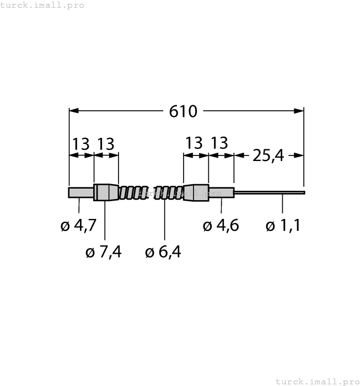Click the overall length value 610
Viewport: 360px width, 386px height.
(183, 111)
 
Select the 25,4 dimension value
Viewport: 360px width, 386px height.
(268, 156)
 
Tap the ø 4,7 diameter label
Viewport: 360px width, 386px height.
(78, 226)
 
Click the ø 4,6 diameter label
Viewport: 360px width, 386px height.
(221, 226)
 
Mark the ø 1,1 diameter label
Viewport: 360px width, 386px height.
(283, 226)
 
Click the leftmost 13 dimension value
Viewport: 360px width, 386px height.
(80, 144)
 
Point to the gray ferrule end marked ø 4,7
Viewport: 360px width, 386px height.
(80, 192)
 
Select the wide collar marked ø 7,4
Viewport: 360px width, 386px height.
(106, 192)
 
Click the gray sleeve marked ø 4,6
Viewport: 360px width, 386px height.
(222, 192)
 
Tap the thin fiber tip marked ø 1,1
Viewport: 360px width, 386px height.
(270, 193)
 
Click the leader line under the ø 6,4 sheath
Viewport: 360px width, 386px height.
(165, 221)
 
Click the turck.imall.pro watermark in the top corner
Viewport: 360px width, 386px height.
(42, 5)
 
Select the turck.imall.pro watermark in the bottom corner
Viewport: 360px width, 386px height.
(317, 381)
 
